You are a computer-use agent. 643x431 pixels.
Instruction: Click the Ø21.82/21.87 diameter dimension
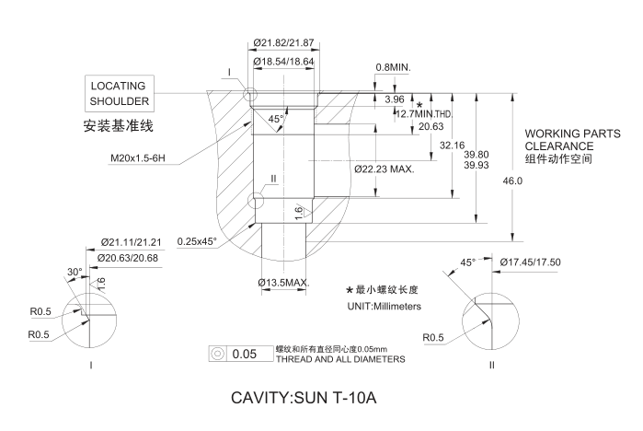pos(286,43)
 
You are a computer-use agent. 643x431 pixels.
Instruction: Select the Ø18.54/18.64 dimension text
pos(286,61)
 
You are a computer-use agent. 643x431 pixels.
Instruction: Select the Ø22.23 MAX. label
pos(384,169)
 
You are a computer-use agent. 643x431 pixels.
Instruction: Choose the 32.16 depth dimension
pos(452,146)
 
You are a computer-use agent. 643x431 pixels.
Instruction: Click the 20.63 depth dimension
pos(431,126)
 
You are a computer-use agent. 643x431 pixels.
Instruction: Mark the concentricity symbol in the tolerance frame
pos(218,354)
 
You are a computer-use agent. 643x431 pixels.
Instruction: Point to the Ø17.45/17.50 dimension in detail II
pos(531,262)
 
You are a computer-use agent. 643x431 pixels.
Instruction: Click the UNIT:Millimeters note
pos(384,306)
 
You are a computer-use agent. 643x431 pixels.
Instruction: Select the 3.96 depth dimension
pos(395,99)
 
